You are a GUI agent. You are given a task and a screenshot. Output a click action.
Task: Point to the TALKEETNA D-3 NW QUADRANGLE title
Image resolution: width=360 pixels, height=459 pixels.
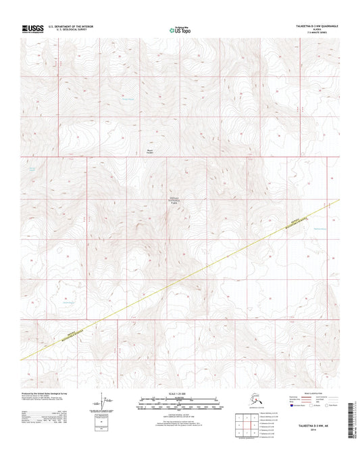coord(315,26)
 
